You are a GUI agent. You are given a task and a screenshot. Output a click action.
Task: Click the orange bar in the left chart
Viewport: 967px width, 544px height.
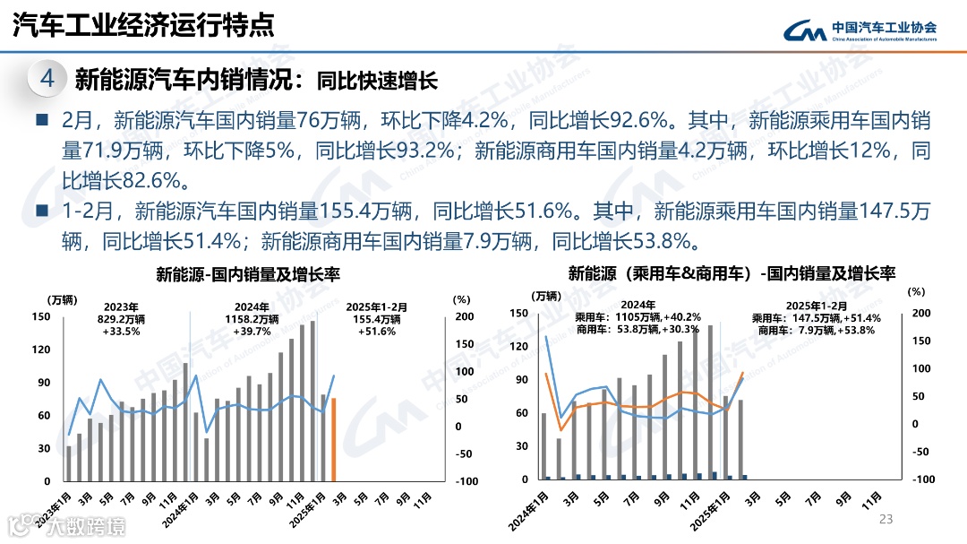[334, 439]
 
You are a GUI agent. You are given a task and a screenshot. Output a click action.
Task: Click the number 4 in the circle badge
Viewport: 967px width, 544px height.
[48, 79]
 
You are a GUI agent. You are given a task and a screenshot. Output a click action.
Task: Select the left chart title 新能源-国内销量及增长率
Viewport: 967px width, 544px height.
[248, 273]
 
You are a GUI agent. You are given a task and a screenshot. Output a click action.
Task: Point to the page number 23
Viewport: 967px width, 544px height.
[887, 519]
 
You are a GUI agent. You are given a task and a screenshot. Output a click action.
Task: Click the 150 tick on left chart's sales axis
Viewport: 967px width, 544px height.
[41, 316]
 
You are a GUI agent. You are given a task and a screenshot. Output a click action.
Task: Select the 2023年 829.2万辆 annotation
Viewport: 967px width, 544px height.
[121, 318]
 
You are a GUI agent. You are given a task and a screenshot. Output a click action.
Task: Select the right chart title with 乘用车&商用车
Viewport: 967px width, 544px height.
[732, 272]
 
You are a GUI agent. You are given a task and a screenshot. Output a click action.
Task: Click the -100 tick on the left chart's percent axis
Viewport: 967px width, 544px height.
[465, 481]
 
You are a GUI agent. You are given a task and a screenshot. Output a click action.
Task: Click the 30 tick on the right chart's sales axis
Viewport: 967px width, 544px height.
[519, 446]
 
